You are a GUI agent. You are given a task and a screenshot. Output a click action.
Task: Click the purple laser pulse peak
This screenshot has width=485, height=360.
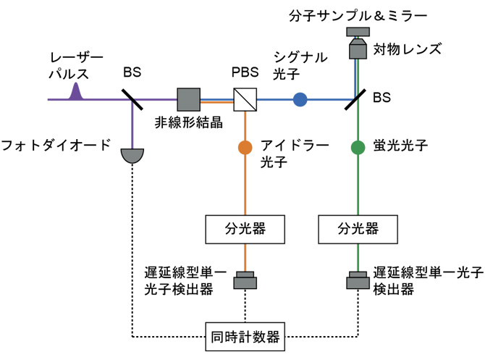(75, 91)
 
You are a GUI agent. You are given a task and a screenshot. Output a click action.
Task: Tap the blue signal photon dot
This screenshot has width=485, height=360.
(300, 100)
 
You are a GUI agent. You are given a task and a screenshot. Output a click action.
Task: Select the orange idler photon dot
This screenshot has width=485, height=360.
(245, 147)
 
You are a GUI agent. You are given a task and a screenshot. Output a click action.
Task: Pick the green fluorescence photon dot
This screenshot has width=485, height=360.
(357, 147)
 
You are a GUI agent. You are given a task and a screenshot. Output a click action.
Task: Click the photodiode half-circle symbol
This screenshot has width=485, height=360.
(133, 154)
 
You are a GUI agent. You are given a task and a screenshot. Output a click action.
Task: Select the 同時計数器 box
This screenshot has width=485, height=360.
(245, 336)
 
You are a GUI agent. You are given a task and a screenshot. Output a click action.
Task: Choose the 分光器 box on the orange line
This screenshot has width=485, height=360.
(245, 230)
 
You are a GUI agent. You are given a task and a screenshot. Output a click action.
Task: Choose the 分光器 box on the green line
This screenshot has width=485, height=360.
(357, 230)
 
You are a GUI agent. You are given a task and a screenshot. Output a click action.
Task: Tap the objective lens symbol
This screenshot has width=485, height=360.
(357, 48)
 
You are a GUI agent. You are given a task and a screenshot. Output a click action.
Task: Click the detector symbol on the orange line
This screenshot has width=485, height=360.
(245, 278)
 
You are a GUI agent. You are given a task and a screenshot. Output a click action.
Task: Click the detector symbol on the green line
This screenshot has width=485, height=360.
(357, 278)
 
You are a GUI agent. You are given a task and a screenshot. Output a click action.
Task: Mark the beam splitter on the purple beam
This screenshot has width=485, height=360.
(132, 99)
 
